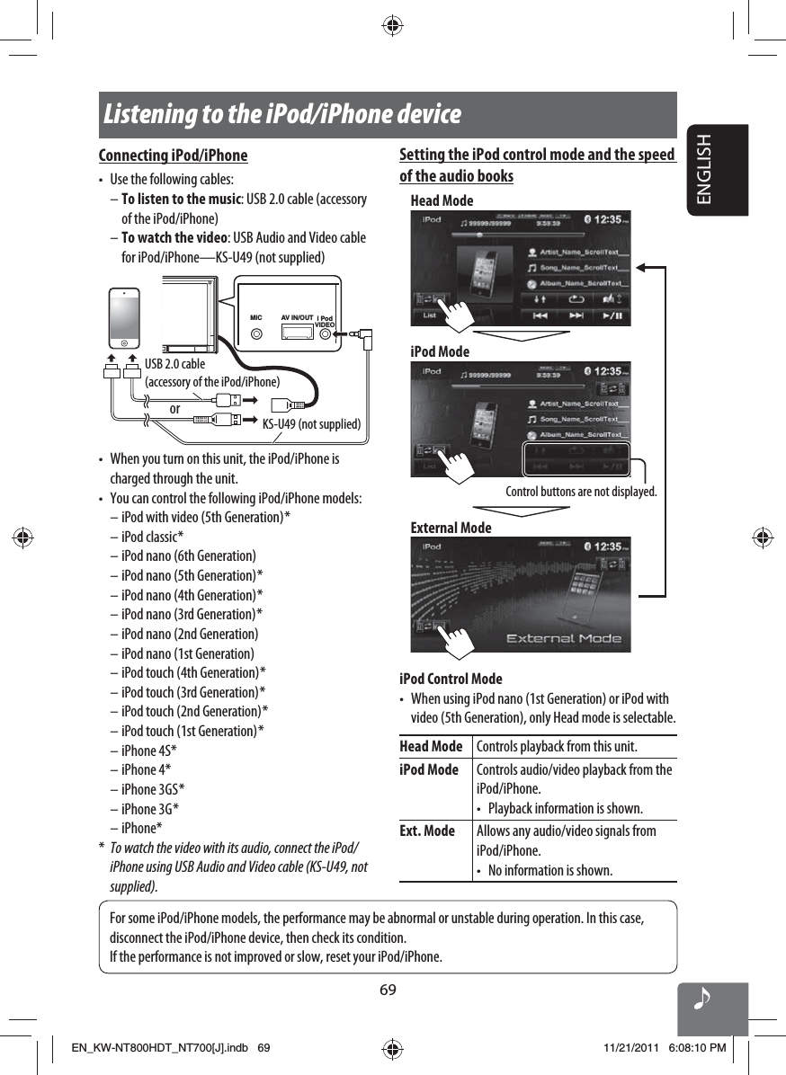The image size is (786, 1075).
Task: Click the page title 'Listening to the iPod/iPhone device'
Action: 282,116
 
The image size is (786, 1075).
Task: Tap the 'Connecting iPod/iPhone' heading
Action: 173,155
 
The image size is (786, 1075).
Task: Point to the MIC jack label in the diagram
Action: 255,317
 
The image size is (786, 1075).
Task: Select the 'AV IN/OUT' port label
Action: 297,317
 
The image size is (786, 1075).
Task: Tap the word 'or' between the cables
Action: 174,409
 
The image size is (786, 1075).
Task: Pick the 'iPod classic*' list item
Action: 152,537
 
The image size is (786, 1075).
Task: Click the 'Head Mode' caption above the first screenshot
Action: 442,200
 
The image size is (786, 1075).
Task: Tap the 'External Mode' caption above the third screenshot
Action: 451,528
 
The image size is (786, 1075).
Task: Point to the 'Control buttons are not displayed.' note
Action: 581,492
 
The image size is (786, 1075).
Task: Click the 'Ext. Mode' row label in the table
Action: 427,831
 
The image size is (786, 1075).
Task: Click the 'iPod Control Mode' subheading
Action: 451,679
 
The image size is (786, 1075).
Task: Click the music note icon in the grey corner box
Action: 703,1000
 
